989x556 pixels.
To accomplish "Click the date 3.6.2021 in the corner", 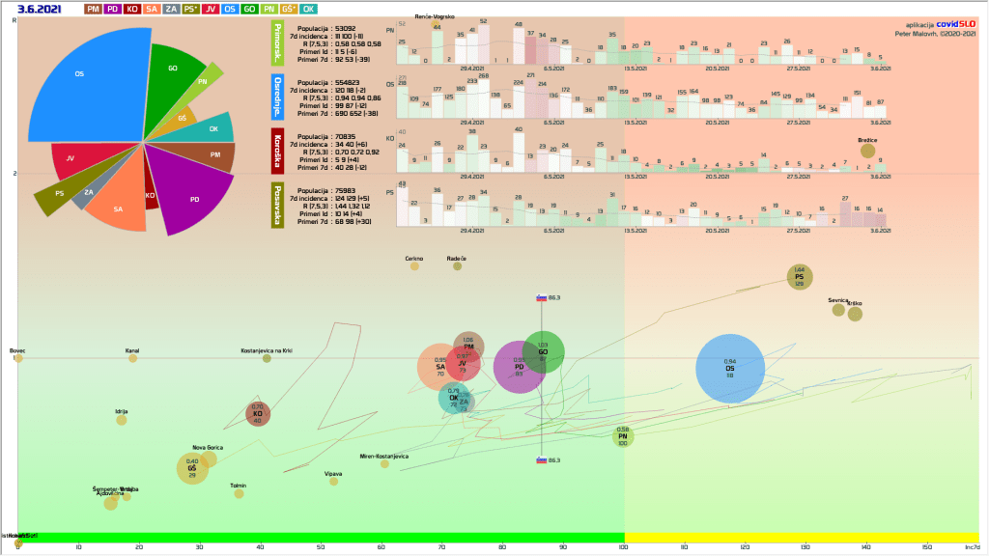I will click(x=40, y=9).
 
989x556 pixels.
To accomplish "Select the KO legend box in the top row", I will click(x=131, y=9).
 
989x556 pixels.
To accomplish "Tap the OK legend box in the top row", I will click(x=309, y=9).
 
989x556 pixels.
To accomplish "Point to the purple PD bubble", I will click(x=520, y=367).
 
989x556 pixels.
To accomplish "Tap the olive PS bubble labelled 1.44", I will click(x=799, y=277).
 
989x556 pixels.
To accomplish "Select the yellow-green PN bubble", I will click(x=623, y=437).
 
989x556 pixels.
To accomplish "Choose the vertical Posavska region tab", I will click(x=278, y=205).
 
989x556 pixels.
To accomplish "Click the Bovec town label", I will click(x=18, y=350).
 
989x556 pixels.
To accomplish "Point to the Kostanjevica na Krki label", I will click(x=267, y=350).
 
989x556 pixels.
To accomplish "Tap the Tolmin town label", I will click(x=238, y=485).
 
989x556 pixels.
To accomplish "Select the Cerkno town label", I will click(x=414, y=259).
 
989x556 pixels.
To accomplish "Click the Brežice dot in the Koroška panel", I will click(x=867, y=150).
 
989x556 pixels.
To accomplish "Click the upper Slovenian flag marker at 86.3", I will click(x=543, y=298).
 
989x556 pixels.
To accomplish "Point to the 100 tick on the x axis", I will click(x=623, y=548).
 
